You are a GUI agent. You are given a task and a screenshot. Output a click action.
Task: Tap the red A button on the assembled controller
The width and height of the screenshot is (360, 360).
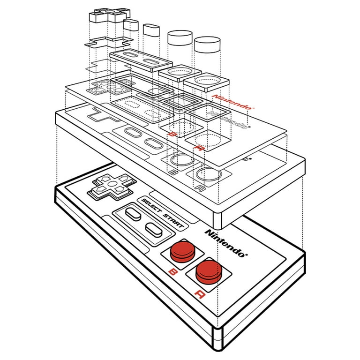pos(209,270)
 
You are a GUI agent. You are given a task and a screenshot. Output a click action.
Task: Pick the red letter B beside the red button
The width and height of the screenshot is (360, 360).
pos(173,271)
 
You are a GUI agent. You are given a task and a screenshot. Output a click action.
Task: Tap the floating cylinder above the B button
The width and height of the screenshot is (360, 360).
pos(180,38)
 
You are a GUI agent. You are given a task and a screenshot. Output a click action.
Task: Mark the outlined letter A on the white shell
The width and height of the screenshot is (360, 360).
pos(200,189)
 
